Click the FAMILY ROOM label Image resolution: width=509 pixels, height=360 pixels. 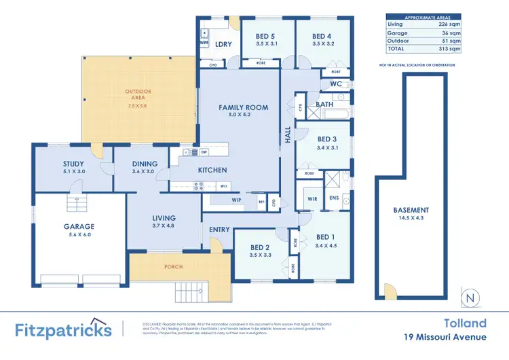243,107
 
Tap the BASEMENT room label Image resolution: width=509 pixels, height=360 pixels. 411,211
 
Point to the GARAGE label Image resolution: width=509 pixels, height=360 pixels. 79,227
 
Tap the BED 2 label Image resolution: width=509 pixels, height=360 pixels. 260,248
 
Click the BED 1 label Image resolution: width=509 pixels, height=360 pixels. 326,237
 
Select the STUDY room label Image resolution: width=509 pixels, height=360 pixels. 73,164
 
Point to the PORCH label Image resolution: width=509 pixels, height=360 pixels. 173,267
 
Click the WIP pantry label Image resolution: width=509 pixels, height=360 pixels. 237,200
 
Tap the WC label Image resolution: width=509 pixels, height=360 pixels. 336,84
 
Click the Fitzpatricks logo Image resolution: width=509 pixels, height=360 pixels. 63,330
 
